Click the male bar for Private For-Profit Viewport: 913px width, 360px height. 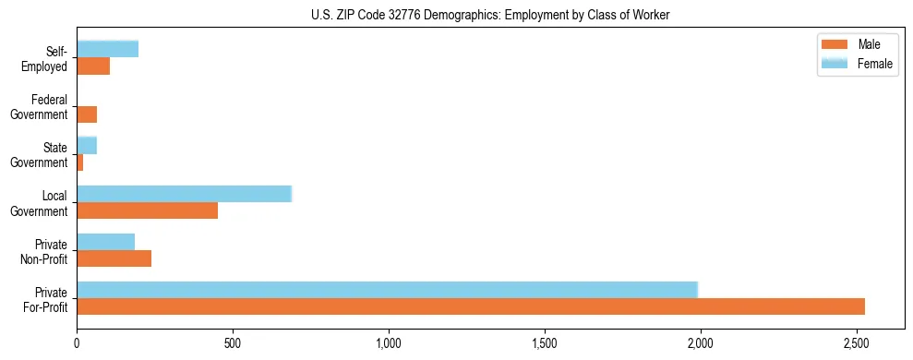pos(471,306)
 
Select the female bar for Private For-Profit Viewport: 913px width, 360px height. pos(387,290)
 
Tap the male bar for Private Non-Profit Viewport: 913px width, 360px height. pos(114,258)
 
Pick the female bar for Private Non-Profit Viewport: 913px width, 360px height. pos(106,242)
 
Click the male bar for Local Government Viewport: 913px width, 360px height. pos(147,210)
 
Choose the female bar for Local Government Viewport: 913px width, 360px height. pos(184,194)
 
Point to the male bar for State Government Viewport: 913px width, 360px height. pos(80,162)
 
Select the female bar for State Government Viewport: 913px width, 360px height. pos(87,146)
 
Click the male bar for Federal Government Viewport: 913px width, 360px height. pos(87,114)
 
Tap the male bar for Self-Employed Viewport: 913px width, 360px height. pos(93,66)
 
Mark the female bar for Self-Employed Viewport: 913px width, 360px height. pos(107,50)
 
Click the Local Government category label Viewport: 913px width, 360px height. pos(48,203)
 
